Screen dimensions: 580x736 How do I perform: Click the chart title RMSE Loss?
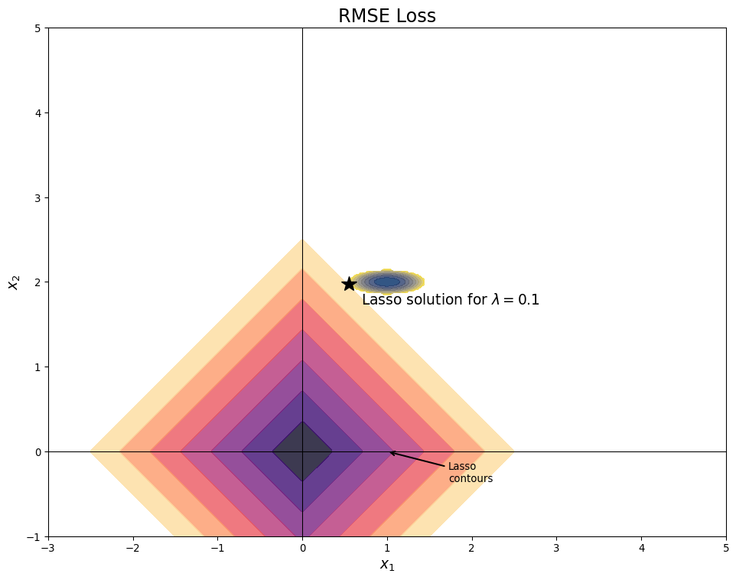(x=386, y=16)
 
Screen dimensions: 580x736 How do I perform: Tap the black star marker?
(x=350, y=284)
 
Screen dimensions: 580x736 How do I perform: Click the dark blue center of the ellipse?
(x=387, y=282)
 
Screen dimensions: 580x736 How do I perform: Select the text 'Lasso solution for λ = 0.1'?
(x=451, y=300)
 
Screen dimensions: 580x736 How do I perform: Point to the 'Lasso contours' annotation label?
(x=470, y=472)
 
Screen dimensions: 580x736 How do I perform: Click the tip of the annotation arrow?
(x=389, y=452)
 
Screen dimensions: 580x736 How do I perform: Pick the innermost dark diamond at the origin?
(x=302, y=451)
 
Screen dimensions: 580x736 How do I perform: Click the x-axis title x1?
(x=387, y=565)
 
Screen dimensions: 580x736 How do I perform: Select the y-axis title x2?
(x=13, y=282)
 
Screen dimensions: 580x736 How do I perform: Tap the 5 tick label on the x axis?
(x=726, y=548)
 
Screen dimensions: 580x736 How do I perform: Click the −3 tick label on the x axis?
(x=48, y=548)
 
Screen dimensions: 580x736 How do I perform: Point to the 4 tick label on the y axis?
(x=37, y=113)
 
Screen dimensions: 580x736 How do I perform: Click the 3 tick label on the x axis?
(x=556, y=548)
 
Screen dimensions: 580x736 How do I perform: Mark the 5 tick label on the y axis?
(x=37, y=28)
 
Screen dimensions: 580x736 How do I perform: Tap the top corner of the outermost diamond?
(x=302, y=240)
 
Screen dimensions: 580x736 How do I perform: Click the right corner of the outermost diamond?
(x=513, y=451)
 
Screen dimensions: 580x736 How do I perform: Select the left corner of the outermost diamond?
(x=91, y=451)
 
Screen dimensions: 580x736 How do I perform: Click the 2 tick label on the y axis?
(x=37, y=282)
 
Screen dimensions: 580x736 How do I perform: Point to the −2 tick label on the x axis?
(x=133, y=548)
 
